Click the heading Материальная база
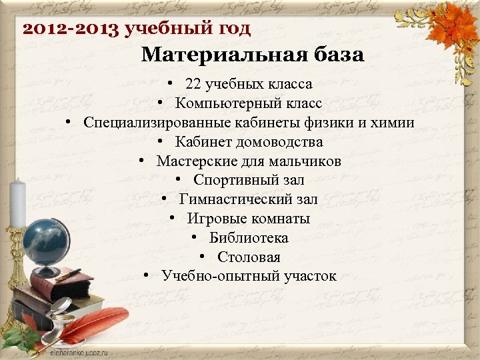(x=253, y=55)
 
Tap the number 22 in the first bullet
(x=193, y=85)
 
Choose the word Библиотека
(x=249, y=238)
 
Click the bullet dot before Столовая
(x=201, y=257)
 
